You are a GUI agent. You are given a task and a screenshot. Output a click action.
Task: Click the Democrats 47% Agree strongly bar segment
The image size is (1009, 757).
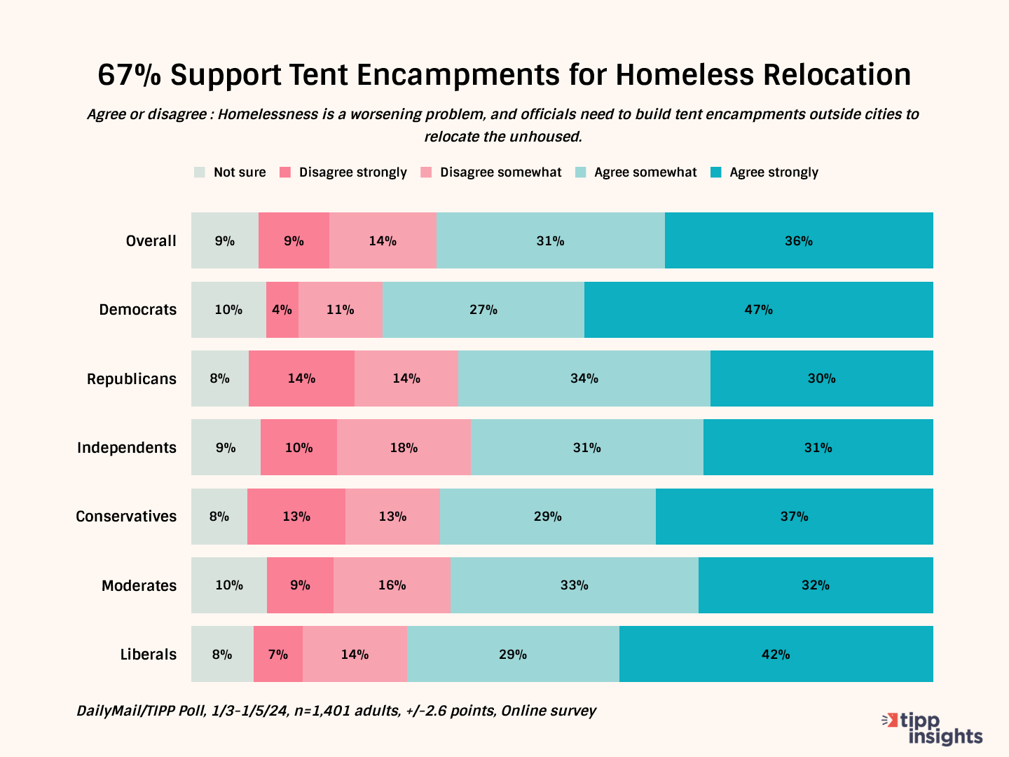[x=758, y=310]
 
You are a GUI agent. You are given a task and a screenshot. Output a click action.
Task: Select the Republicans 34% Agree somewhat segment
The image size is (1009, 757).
[x=584, y=378]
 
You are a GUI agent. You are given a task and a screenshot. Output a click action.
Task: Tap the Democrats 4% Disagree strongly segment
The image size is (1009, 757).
[x=282, y=310]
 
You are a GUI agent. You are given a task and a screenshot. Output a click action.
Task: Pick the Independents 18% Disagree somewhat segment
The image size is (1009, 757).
[x=404, y=447]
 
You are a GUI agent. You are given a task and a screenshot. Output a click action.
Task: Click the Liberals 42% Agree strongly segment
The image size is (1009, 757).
[x=776, y=654]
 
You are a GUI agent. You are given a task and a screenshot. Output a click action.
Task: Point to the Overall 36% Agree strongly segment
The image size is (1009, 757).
[x=799, y=240]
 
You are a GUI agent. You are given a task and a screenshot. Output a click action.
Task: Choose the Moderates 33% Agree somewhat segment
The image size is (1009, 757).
[x=574, y=585]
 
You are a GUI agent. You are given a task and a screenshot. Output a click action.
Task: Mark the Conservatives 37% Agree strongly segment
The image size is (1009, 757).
[x=794, y=517]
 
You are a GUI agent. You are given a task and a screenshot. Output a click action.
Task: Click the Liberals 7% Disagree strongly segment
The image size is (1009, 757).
[x=278, y=654]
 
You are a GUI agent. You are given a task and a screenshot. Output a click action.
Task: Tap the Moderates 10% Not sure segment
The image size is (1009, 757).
[x=229, y=585]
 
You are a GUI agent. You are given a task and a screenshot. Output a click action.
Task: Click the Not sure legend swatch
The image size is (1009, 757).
[x=200, y=172]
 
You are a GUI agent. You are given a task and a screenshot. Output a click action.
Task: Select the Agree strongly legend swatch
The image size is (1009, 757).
[x=715, y=172]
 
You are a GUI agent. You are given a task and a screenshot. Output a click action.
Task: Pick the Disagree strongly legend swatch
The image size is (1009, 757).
[x=285, y=172]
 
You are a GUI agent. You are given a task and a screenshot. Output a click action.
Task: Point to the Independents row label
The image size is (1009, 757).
[x=127, y=447]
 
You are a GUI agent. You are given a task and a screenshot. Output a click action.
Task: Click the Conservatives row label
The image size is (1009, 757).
[x=126, y=517]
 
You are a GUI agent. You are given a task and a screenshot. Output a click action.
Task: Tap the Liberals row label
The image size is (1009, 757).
[x=149, y=654]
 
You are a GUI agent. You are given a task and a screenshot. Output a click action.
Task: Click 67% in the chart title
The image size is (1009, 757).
[x=130, y=75]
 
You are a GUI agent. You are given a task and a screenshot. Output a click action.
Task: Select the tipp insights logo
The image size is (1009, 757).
[x=933, y=729]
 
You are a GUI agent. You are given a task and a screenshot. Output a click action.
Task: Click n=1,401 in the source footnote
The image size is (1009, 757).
[x=322, y=711]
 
